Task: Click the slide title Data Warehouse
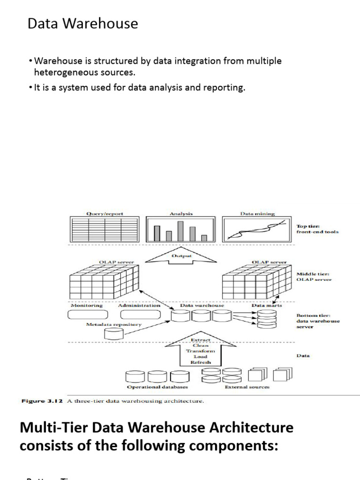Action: coord(82,23)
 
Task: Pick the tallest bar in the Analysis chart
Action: coord(180,230)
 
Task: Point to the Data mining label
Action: coord(257,213)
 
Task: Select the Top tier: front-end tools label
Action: coord(317,228)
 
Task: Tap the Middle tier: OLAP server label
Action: coord(314,276)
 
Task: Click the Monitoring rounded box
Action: coord(88,314)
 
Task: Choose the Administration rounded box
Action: coord(139,314)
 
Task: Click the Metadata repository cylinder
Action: coord(114,333)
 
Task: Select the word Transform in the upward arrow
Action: coord(200,351)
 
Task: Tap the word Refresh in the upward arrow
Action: coord(200,362)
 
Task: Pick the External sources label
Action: coord(247,387)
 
